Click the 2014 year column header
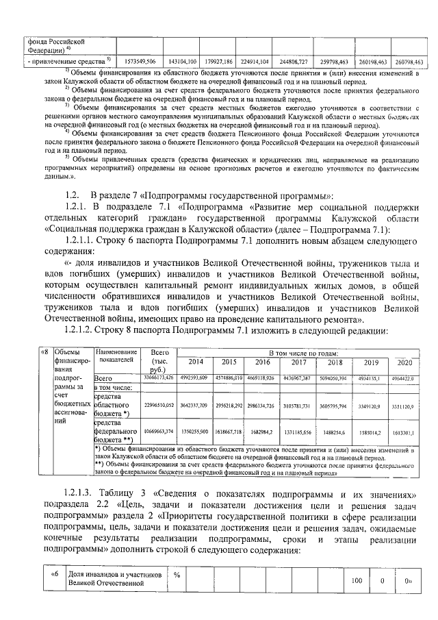click(195, 362)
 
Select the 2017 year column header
click(298, 362)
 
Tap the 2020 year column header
click(404, 362)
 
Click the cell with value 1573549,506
click(140, 62)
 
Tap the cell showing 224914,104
click(259, 62)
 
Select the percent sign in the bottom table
click(177, 573)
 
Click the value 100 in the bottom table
click(357, 580)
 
